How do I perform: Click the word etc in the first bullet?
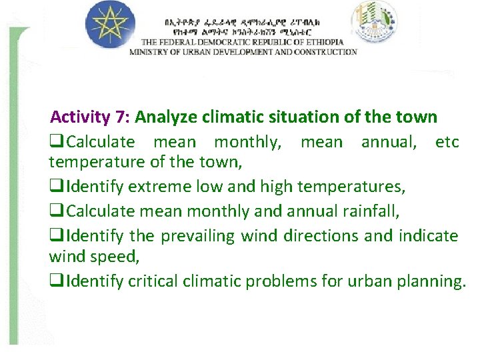(x=447, y=142)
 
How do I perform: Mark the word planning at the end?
(x=431, y=281)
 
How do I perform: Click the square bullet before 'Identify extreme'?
(x=56, y=187)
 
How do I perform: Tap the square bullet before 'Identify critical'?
(x=56, y=281)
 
